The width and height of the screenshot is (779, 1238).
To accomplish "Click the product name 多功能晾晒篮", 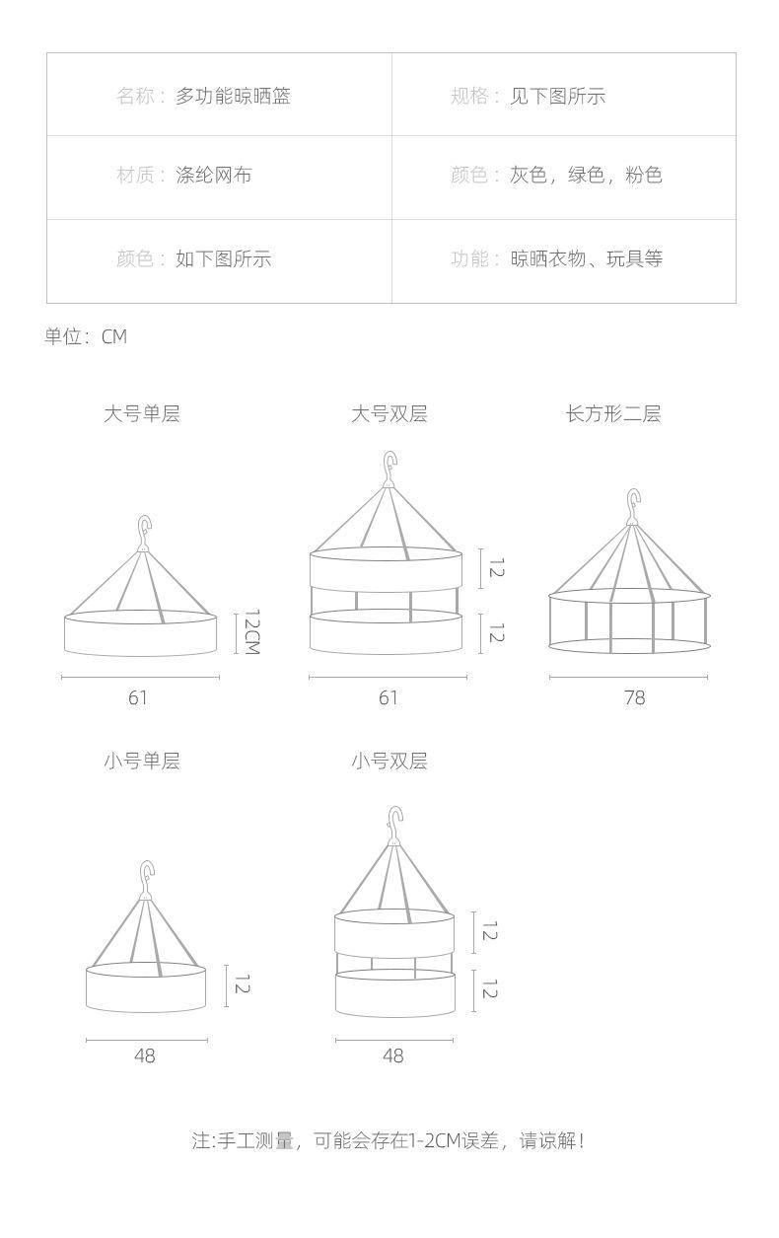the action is tap(233, 96).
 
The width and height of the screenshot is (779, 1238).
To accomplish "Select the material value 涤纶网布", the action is tap(214, 175).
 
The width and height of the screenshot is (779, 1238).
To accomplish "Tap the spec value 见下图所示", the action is tap(557, 96).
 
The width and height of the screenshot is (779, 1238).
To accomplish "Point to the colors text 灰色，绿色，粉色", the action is tap(586, 175).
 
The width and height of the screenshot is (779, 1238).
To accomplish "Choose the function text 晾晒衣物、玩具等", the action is tap(586, 258).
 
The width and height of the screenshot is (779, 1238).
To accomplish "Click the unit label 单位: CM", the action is tap(86, 336).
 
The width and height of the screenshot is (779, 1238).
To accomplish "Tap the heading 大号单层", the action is tap(142, 413).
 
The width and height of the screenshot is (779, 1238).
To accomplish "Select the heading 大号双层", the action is tap(389, 413).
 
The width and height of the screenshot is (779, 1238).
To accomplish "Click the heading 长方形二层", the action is tap(613, 413).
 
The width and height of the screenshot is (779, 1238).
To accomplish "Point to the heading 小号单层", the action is tap(142, 761).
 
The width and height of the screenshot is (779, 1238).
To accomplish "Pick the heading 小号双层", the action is tap(389, 761).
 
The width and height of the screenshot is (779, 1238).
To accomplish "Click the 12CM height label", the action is tap(251, 631).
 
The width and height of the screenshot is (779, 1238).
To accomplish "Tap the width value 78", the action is tap(635, 697).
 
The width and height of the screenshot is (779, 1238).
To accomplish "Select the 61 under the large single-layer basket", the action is tap(138, 697).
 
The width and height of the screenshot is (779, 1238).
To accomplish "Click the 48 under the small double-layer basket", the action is tap(392, 1056).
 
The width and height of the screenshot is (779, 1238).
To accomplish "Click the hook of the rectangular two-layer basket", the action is tap(634, 506).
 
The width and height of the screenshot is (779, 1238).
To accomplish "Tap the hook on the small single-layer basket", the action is tap(147, 879).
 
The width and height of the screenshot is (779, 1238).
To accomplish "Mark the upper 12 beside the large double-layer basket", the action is tap(496, 568).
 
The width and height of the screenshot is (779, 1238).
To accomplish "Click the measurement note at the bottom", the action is tap(389, 1140).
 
